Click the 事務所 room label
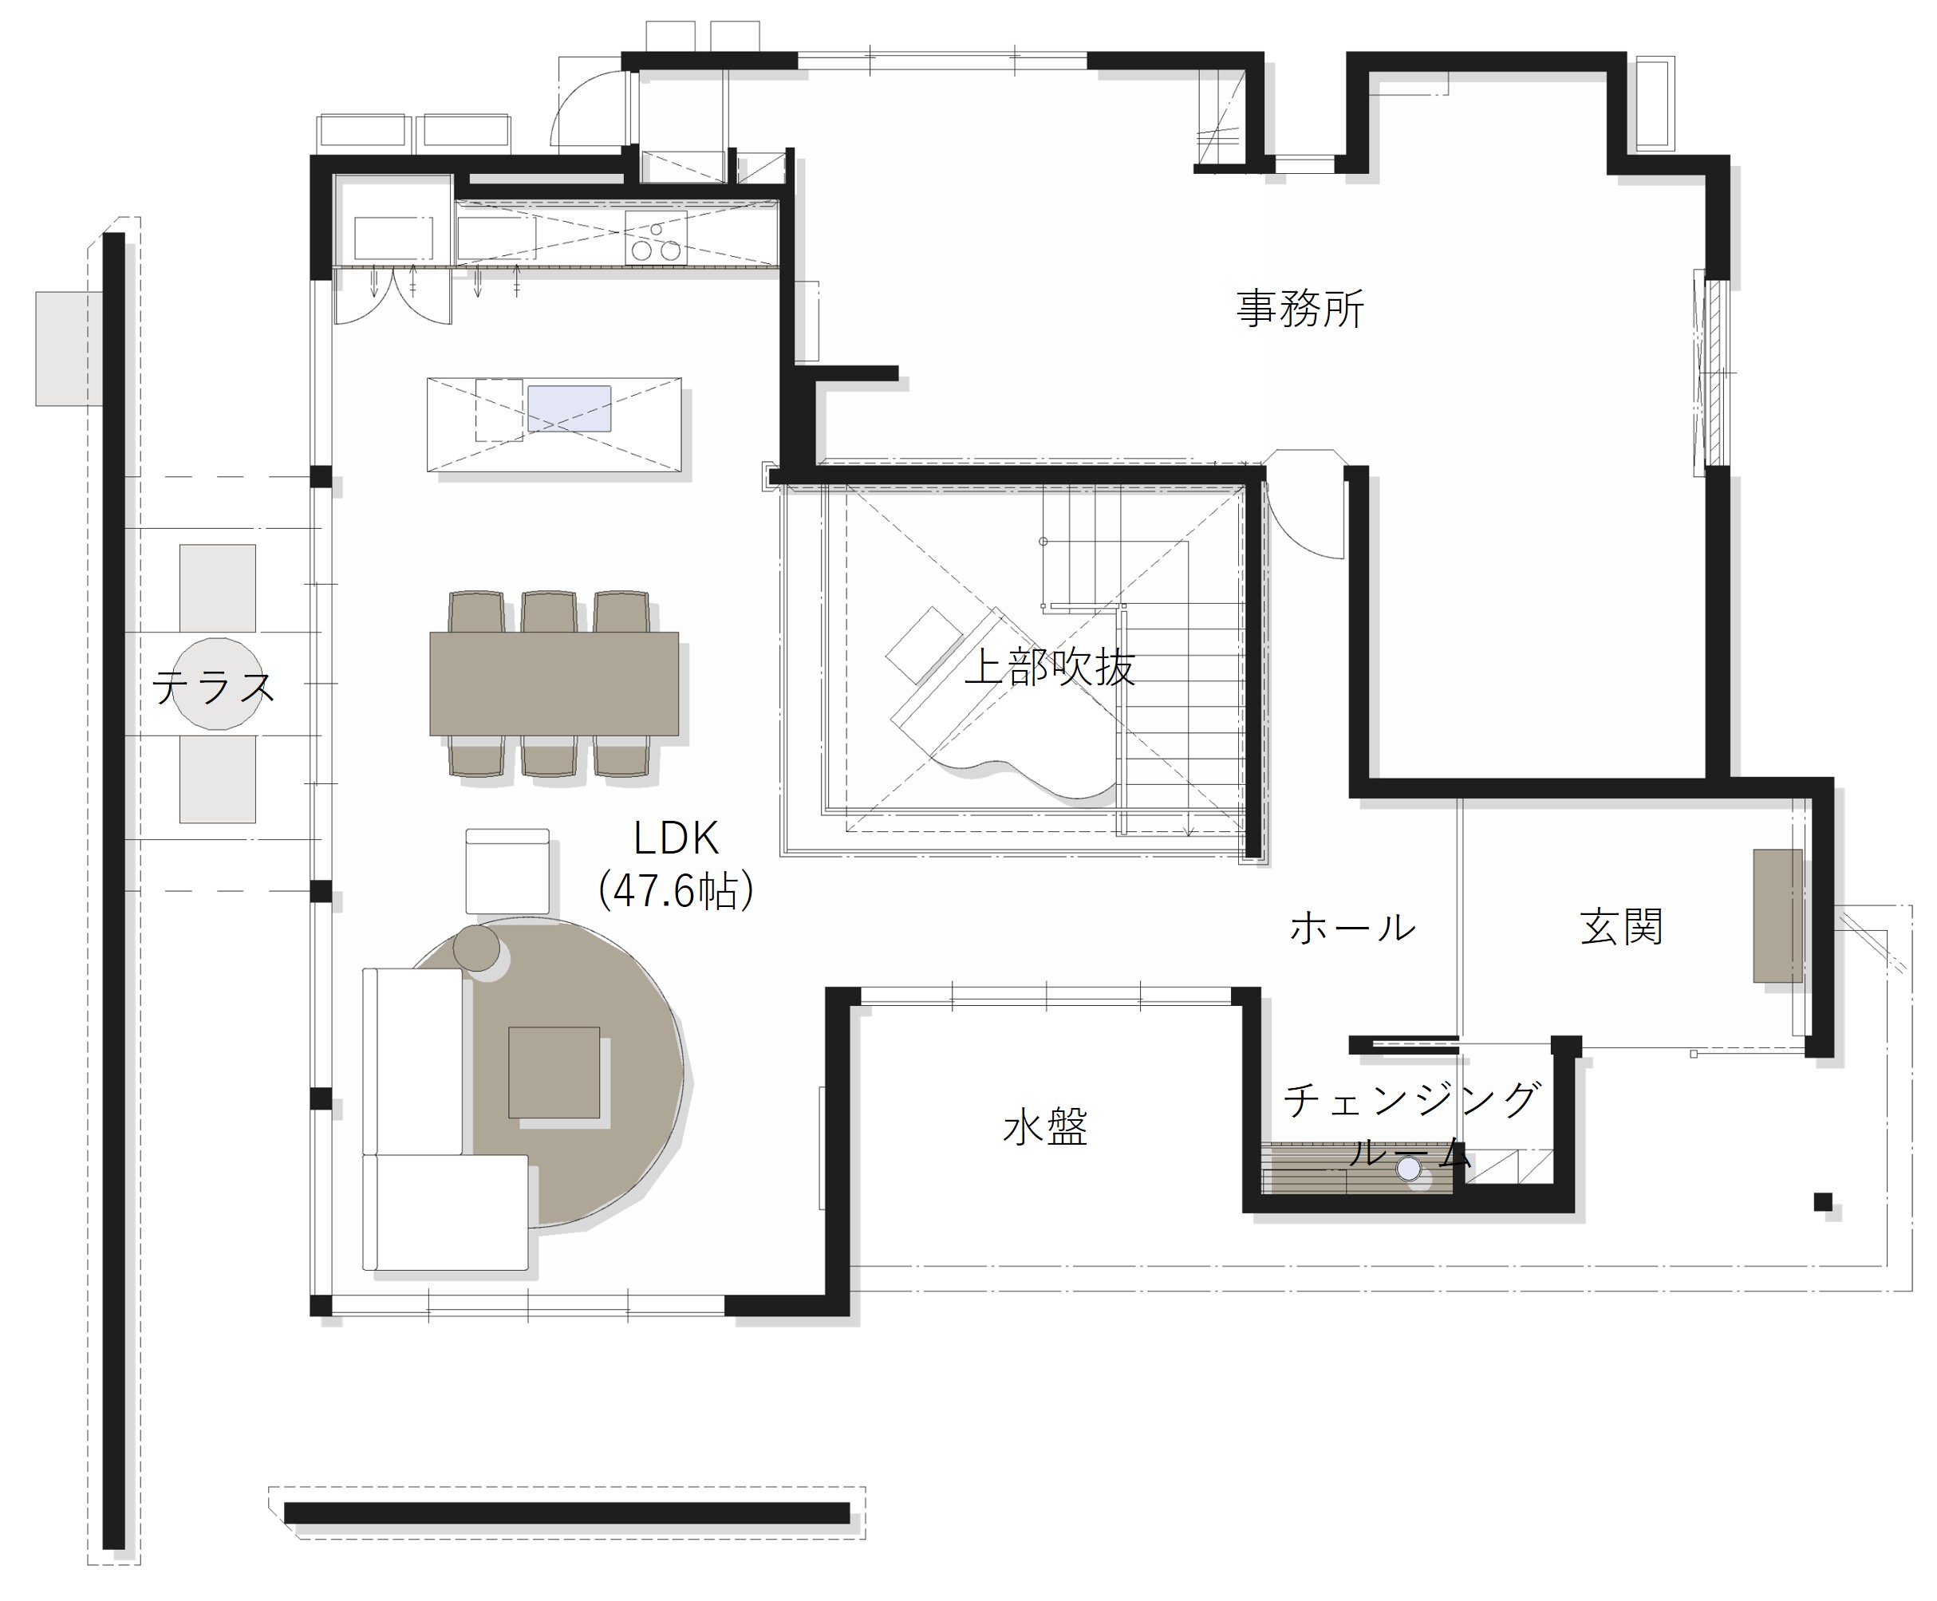point(1300,309)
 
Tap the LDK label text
point(676,839)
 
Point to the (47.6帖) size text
point(676,891)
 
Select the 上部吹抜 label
point(1049,667)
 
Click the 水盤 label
point(1046,1127)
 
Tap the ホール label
point(1352,928)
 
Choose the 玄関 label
point(1622,927)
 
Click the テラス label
point(214,687)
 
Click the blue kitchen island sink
point(569,408)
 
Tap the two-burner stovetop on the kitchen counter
point(656,237)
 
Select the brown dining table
point(554,684)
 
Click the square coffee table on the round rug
point(554,1073)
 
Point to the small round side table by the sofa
point(476,947)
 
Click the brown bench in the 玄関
point(1777,916)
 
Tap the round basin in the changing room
point(1409,1169)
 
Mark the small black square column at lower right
point(1823,1201)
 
